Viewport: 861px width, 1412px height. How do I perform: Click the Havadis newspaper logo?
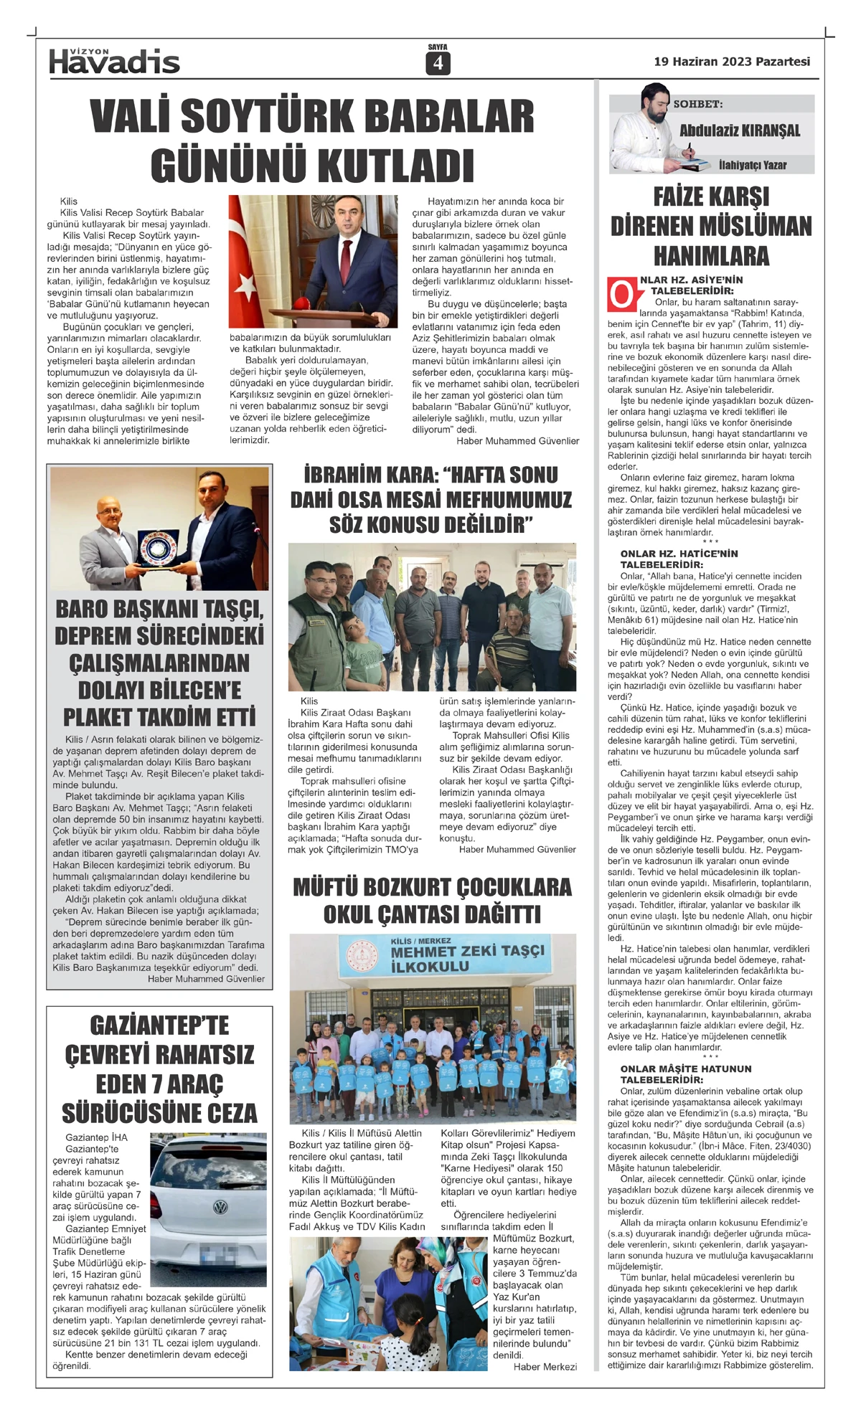(x=114, y=62)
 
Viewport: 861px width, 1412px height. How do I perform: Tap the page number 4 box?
(x=437, y=64)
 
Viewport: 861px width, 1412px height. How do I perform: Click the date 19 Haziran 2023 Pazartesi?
(x=731, y=62)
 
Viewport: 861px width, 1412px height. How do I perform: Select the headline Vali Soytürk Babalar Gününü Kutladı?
(x=312, y=141)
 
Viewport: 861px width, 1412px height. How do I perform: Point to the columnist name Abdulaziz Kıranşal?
(x=739, y=131)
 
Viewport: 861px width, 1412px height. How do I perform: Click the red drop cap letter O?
(x=622, y=295)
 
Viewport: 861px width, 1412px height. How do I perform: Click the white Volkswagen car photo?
(x=208, y=1206)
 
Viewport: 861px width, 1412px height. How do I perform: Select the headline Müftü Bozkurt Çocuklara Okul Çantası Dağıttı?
(x=432, y=901)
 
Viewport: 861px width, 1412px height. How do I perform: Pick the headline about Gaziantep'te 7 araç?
(x=159, y=1069)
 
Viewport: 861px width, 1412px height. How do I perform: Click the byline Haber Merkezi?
(x=545, y=1367)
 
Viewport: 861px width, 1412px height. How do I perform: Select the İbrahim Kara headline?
(x=431, y=499)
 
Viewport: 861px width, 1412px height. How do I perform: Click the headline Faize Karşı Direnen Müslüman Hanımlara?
(x=711, y=227)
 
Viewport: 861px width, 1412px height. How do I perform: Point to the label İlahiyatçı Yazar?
(x=752, y=165)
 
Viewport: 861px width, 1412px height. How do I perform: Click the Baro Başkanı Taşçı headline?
(x=159, y=663)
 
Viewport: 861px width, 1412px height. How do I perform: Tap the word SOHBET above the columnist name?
(x=697, y=104)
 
